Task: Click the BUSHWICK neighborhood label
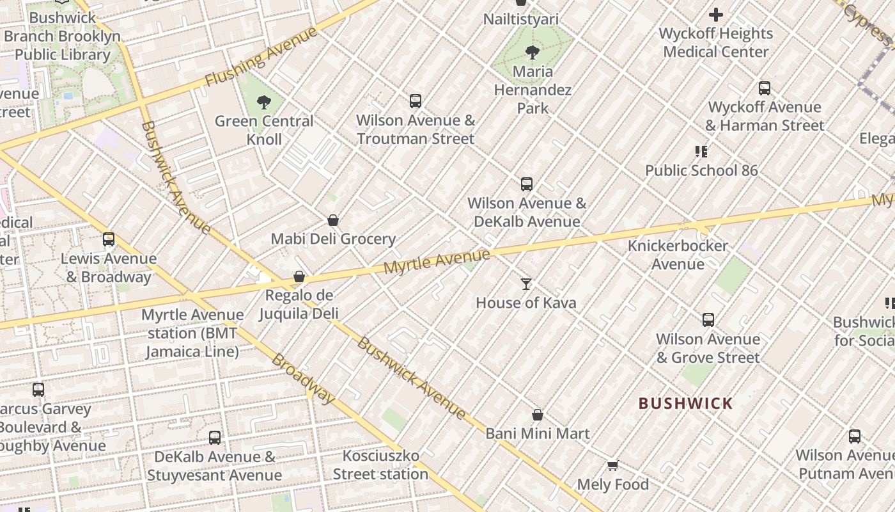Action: tap(685, 403)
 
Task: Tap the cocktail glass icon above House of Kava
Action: tap(526, 284)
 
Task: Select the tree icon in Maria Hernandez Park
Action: tap(532, 52)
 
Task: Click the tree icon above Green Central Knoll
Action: tap(263, 102)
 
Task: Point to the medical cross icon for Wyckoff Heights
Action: tap(716, 14)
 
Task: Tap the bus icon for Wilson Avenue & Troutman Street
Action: tap(416, 101)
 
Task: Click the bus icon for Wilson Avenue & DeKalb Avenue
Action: tap(527, 184)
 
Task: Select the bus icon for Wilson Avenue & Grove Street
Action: tap(708, 320)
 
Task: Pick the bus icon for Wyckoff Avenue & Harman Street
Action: tap(765, 88)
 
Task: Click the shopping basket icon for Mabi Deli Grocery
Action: tap(333, 220)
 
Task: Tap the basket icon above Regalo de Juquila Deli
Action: tap(299, 276)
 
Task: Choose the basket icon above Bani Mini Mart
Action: tap(538, 415)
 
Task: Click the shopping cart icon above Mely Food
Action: tap(612, 465)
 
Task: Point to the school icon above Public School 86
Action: tap(701, 152)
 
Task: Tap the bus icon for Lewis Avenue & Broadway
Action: tap(109, 239)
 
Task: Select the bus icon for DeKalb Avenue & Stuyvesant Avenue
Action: tap(215, 438)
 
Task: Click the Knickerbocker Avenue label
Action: tap(678, 255)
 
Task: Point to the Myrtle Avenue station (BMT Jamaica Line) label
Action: tap(192, 333)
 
